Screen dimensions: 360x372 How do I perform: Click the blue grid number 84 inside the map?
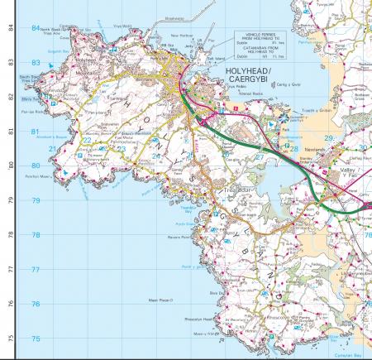pyautogui.click(x=36, y=27)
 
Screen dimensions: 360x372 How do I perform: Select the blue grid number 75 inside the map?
pyautogui.click(x=36, y=339)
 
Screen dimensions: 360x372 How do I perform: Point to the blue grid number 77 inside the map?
pyautogui.click(x=36, y=270)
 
